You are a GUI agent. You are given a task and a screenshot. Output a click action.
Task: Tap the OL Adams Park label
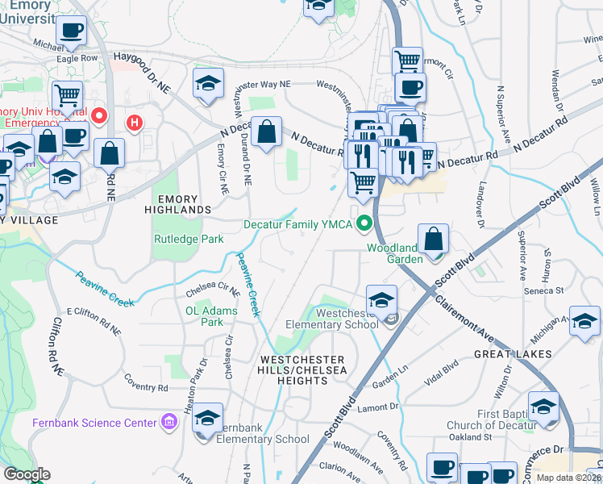click(211, 316)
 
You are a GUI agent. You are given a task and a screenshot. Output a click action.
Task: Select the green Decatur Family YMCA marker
click(364, 223)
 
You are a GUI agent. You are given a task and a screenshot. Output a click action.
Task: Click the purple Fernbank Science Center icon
click(168, 421)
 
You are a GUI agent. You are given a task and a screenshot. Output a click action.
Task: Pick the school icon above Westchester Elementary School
click(381, 299)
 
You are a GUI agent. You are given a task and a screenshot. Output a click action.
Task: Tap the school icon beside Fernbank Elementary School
click(207, 419)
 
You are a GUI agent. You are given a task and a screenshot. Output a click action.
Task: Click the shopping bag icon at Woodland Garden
click(433, 239)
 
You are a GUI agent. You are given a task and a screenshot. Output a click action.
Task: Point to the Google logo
click(27, 474)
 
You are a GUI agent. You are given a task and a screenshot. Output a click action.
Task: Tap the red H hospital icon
click(135, 123)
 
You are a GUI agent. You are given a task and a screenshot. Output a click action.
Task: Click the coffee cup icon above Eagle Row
click(71, 31)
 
